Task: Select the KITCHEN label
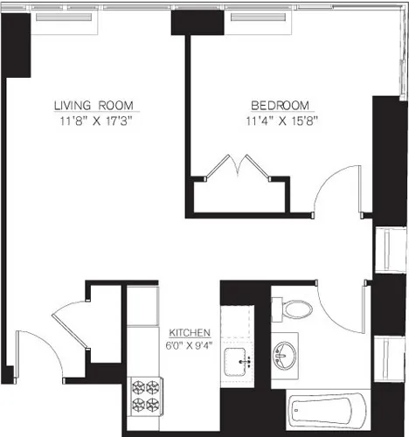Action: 189,333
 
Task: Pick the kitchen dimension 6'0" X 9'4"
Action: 189,345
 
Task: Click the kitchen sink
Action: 237,360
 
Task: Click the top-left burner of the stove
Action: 137,385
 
